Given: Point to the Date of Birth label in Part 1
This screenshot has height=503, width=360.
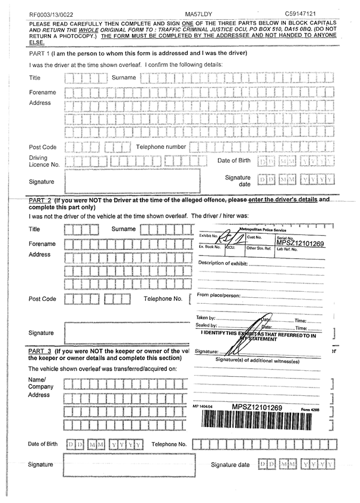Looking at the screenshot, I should point(234,161).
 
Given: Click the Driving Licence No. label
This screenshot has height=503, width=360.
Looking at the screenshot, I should point(44,161).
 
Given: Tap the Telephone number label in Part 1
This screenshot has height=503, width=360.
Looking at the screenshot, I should point(161,147).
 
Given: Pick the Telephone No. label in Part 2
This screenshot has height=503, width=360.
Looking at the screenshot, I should point(163,298).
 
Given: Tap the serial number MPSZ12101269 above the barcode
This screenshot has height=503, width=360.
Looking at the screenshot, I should point(257,407).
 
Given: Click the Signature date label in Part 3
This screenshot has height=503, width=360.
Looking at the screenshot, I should point(230,465).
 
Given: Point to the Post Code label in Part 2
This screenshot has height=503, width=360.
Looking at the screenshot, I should point(42,298).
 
